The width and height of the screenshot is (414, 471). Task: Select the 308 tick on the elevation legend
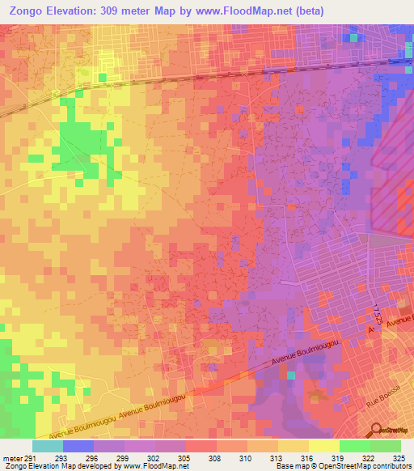tap(214, 457)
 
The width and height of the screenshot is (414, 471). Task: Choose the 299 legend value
tap(125, 457)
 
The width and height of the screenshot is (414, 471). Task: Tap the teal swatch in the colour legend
tap(48, 446)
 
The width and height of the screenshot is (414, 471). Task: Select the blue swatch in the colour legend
tap(78, 446)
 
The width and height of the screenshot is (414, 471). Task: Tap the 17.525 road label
tap(378, 313)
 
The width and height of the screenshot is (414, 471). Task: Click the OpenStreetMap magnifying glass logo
tap(376, 430)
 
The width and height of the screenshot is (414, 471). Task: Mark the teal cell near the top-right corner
tap(353, 37)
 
